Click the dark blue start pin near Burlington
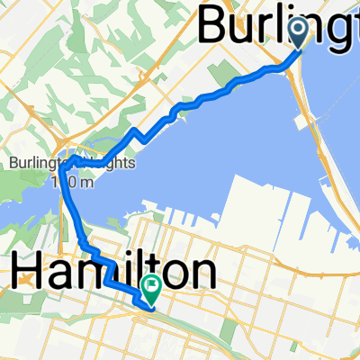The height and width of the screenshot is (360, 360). pos(299,34)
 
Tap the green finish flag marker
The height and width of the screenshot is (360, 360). pos(151,290)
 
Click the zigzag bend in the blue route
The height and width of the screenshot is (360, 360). pos(135,137)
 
